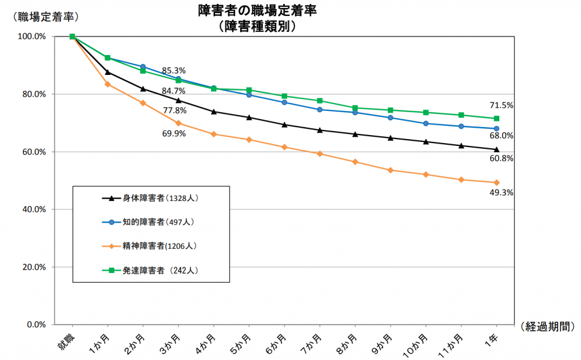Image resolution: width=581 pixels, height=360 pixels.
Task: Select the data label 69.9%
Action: click(174, 133)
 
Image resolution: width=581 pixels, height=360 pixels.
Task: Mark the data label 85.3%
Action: click(174, 71)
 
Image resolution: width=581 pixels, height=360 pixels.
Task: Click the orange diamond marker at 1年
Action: click(496, 182)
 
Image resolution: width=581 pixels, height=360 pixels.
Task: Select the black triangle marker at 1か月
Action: click(108, 72)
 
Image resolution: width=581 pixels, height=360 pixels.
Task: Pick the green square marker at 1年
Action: click(496, 118)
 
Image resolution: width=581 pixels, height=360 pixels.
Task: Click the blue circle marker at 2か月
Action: click(143, 66)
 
